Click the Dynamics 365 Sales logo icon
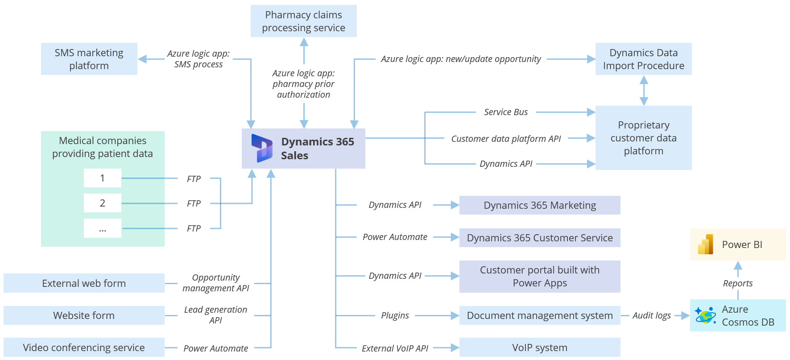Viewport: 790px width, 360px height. coord(262,148)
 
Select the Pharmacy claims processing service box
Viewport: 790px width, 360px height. coord(303,21)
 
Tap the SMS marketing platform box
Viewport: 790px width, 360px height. coord(89,59)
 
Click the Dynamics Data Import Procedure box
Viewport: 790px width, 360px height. coord(643,59)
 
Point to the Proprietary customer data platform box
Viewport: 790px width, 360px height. coord(643,138)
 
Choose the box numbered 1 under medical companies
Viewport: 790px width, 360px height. coord(103,178)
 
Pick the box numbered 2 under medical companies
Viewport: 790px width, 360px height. coord(103,203)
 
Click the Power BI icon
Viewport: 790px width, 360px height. coord(706,244)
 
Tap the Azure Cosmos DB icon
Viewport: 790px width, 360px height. coord(705,315)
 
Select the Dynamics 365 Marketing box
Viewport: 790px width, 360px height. coord(540,205)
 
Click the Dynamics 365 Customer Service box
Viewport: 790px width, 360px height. coord(540,238)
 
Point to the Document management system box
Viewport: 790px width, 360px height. coord(540,315)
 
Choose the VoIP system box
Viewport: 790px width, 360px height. coord(540,348)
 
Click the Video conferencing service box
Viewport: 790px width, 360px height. coord(84,348)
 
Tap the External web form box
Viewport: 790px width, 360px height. coord(84,283)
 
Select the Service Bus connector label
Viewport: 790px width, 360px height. coord(506,112)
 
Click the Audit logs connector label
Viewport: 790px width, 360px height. coord(651,315)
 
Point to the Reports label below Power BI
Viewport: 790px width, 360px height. coord(737,283)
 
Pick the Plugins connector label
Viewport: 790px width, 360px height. coord(395,315)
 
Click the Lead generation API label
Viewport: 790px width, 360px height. coord(215,315)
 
